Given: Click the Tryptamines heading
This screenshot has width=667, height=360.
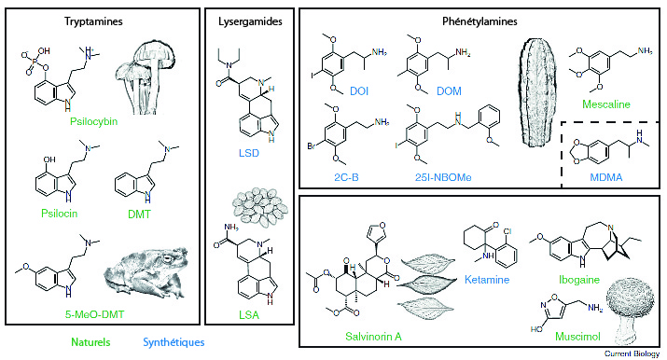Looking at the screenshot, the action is coord(93,21).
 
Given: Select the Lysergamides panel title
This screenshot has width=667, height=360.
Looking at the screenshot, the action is coord(250,21).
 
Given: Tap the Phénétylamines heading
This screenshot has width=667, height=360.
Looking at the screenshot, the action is coord(479,21).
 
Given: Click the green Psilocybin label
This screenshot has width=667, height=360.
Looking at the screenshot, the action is coord(93,121).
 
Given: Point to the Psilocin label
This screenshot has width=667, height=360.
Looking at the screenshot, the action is coord(59,213).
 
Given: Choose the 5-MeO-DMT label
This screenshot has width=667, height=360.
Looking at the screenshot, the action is coord(94,314).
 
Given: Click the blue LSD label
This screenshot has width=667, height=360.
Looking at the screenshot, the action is coord(249,153).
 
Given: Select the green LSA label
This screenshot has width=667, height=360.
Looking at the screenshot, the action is coord(249,315).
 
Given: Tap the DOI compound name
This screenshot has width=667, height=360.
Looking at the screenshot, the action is coord(359,91).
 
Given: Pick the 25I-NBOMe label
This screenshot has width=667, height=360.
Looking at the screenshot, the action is coord(443,177).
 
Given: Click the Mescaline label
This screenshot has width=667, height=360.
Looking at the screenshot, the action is coord(606,104).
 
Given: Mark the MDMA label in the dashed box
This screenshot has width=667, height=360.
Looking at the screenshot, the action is coord(606,177).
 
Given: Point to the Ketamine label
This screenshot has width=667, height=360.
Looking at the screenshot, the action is coord(487,280).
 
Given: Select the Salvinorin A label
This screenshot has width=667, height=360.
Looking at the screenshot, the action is coord(373,337).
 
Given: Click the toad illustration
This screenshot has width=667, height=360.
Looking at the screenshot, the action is coord(146,270).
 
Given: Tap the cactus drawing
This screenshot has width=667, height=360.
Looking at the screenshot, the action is coord(538,92).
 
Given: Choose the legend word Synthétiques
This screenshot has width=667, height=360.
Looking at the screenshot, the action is coord(174,342).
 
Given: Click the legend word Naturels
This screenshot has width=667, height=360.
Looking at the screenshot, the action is coord(90,342).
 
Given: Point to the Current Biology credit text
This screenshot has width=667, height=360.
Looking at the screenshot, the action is coord(632,353).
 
